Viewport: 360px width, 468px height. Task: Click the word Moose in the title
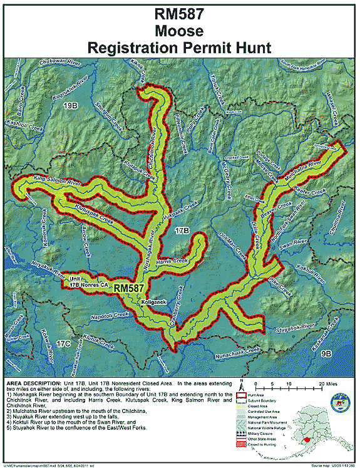180,30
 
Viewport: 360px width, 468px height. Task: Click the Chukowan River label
61,63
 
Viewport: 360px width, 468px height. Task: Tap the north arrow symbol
240,384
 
